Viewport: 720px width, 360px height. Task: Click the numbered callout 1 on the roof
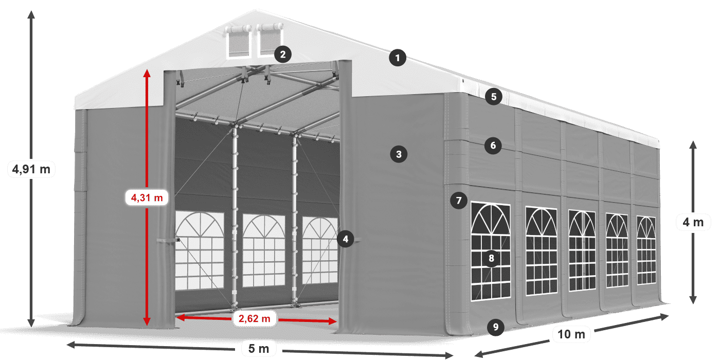pyautogui.click(x=397, y=58)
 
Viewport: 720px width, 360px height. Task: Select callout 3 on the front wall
pyautogui.click(x=399, y=153)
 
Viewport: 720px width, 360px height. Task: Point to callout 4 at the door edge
pyautogui.click(x=346, y=239)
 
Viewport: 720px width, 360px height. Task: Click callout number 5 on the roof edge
pyautogui.click(x=493, y=96)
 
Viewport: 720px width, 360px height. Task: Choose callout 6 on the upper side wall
pyautogui.click(x=493, y=146)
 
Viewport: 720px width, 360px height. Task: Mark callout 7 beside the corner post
pyautogui.click(x=458, y=200)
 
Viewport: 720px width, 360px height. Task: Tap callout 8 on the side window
pyautogui.click(x=491, y=258)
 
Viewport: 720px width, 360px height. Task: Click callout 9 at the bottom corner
pyautogui.click(x=495, y=326)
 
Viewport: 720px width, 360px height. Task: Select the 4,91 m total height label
pyautogui.click(x=31, y=169)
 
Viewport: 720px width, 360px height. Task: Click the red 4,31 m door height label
pyautogui.click(x=147, y=197)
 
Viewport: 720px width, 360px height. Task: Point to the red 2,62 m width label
pyautogui.click(x=254, y=319)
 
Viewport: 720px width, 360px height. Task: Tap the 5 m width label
pyautogui.click(x=259, y=349)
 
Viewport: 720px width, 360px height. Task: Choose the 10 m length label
pyautogui.click(x=571, y=335)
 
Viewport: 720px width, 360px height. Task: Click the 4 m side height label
pyautogui.click(x=693, y=223)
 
